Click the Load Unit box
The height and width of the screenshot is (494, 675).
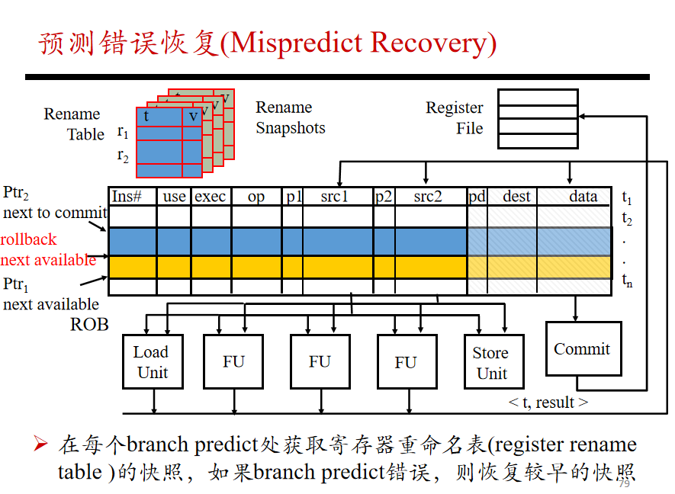pyautogui.click(x=153, y=361)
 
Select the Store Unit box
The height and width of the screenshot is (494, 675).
pyautogui.click(x=493, y=361)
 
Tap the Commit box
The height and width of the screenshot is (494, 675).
pyautogui.click(x=583, y=348)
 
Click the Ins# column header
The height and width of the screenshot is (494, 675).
pyautogui.click(x=127, y=197)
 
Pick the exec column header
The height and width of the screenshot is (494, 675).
pyautogui.click(x=210, y=197)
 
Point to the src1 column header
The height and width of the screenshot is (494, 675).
pyautogui.click(x=334, y=197)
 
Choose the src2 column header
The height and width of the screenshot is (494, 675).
pyautogui.click(x=428, y=197)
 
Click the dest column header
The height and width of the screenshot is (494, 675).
pyautogui.click(x=516, y=197)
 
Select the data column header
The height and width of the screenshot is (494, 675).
pyautogui.click(x=583, y=197)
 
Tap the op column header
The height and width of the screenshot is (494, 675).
pyautogui.click(x=256, y=197)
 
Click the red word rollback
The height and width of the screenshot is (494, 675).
pyautogui.click(x=28, y=239)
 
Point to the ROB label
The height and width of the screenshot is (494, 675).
pyautogui.click(x=89, y=325)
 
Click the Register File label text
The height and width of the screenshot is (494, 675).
pyautogui.click(x=455, y=118)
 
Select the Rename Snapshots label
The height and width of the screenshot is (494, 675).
pyautogui.click(x=291, y=117)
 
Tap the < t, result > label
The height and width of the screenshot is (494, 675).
pyautogui.click(x=548, y=403)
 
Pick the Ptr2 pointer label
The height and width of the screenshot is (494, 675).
pyautogui.click(x=16, y=192)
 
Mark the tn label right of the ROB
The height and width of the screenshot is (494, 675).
pyautogui.click(x=627, y=281)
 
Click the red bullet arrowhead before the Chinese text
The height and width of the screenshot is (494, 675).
pyautogui.click(x=40, y=444)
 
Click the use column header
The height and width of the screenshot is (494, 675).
pyautogui.click(x=175, y=197)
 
